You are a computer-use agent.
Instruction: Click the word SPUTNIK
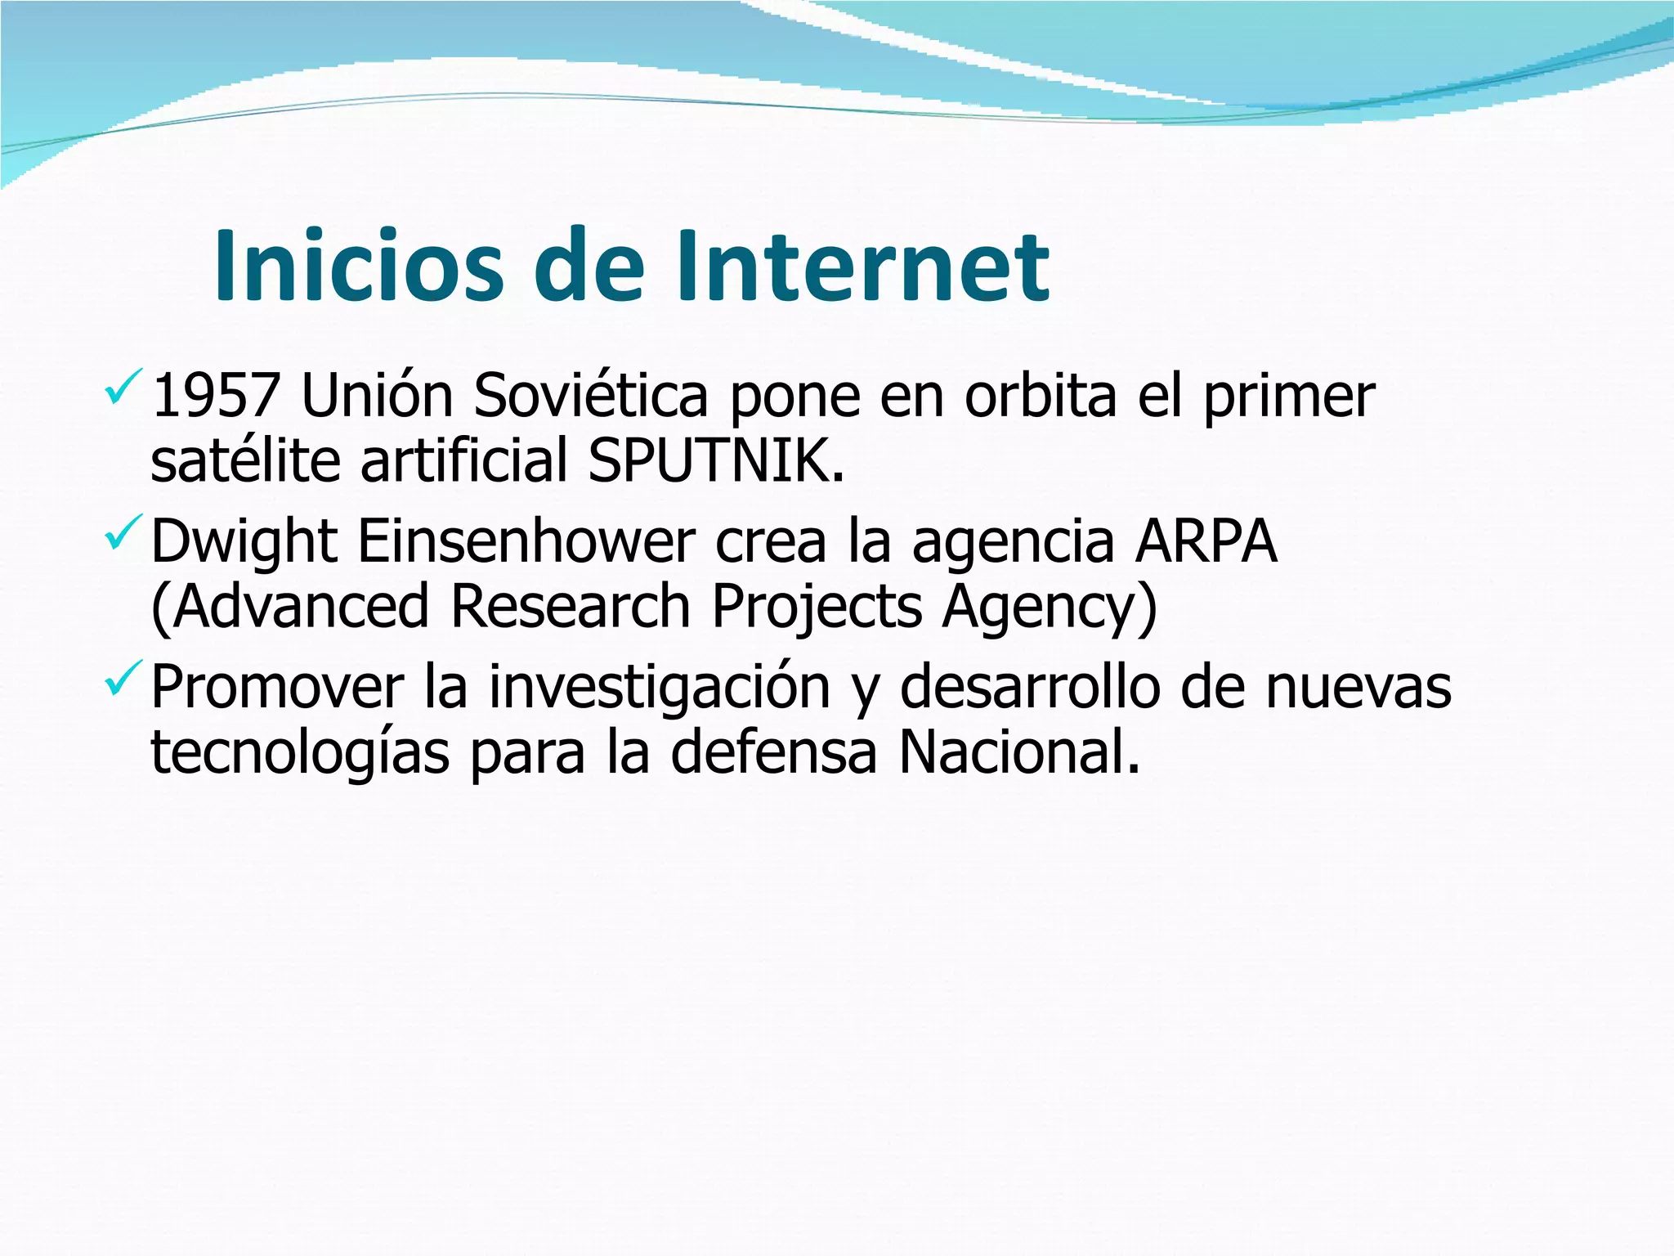click(x=715, y=461)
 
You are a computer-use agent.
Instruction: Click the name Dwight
click(x=244, y=543)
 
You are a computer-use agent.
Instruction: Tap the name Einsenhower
click(x=526, y=543)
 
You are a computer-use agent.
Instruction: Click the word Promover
click(x=277, y=687)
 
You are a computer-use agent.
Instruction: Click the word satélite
click(x=245, y=461)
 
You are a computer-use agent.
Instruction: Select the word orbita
click(x=1040, y=396)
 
